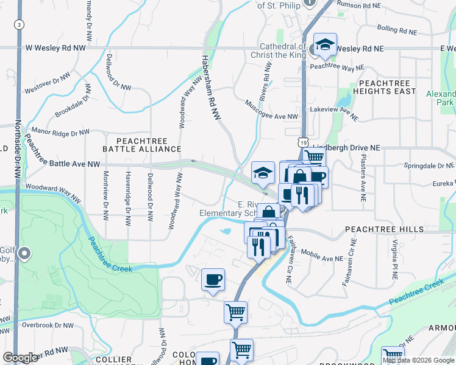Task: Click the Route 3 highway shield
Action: (20, 24)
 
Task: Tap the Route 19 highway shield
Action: (302, 141)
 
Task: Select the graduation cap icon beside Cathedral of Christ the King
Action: (326, 44)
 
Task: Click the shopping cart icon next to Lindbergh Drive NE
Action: (314, 157)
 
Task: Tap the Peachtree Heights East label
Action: (387, 87)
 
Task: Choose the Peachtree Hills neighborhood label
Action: (384, 229)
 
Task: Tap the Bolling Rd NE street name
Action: (396, 29)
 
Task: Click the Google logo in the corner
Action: (21, 358)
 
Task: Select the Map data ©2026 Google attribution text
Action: (418, 360)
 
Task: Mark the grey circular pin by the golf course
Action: (25, 254)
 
